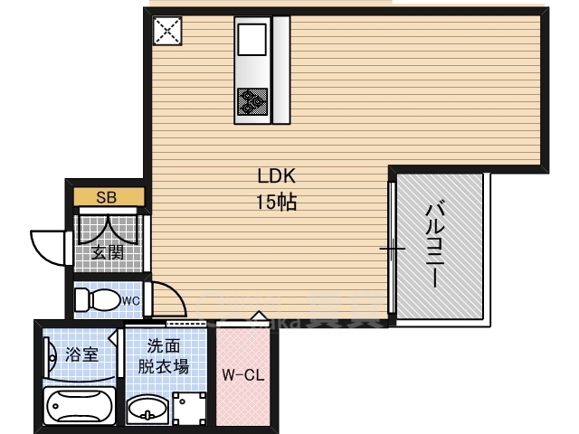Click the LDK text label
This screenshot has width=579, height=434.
point(278,176)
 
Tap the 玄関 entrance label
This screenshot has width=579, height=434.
point(108,252)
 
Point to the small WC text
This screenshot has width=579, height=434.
point(130,300)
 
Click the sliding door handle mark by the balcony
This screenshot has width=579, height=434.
point(391,248)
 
